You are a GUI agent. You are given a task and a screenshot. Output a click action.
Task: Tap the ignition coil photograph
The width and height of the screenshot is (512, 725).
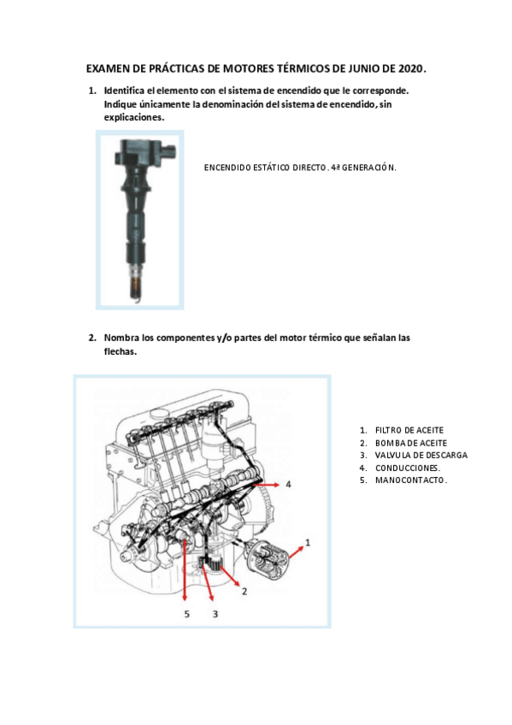(x=139, y=218)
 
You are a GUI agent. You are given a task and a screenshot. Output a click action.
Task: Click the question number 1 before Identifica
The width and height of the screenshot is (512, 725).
(x=91, y=91)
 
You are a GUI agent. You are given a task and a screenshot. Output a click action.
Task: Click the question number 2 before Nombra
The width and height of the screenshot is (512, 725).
(x=91, y=338)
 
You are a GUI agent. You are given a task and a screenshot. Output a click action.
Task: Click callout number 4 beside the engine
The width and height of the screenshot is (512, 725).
(x=288, y=484)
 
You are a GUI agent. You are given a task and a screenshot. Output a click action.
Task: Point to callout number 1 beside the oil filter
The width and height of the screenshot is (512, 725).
(x=308, y=542)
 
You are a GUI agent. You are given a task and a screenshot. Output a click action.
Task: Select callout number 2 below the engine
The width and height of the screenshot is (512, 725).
(x=244, y=592)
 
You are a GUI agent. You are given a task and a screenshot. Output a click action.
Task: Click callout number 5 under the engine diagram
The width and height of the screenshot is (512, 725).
(x=187, y=613)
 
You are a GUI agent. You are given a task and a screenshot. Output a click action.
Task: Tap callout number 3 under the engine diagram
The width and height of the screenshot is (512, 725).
(x=215, y=613)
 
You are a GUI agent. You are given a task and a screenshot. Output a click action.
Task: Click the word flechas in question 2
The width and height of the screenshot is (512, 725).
(x=120, y=351)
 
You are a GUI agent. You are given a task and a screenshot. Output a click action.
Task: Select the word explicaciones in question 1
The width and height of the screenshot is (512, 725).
(x=133, y=117)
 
